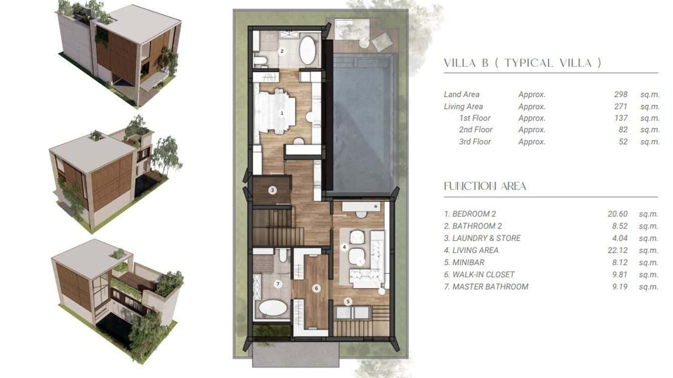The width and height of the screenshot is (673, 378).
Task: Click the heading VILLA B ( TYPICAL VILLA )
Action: click(x=522, y=63)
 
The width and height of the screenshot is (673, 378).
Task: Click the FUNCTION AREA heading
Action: click(x=485, y=186)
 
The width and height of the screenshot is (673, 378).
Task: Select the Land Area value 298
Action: click(x=620, y=94)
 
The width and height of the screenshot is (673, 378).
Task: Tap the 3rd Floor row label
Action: click(x=475, y=141)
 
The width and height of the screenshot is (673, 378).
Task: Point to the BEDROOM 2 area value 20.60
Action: click(x=617, y=214)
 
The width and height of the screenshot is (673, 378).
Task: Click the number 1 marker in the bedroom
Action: click(x=282, y=113)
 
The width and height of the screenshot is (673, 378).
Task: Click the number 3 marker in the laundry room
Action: click(x=272, y=190)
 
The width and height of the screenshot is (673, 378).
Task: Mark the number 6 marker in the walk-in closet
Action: click(x=316, y=288)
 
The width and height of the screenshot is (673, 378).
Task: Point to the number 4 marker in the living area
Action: click(x=344, y=247)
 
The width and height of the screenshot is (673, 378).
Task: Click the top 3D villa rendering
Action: click(x=119, y=54)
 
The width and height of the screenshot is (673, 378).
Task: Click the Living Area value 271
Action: click(x=620, y=106)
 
